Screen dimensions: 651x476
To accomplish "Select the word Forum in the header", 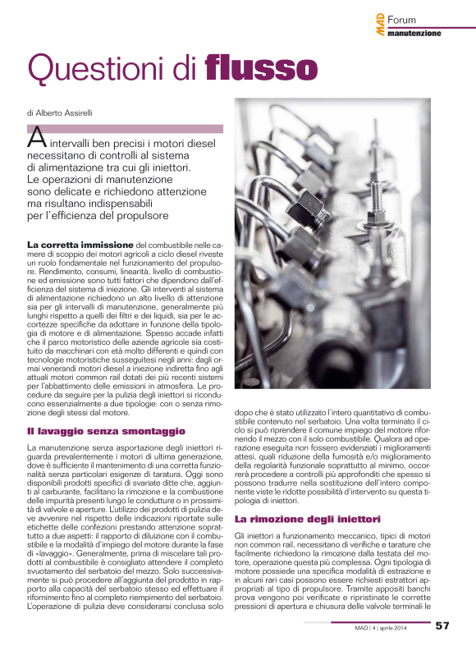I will (x=403, y=19).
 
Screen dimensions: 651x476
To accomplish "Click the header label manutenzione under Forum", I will (x=414, y=34).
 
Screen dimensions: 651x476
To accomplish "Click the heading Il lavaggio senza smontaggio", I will (x=107, y=431).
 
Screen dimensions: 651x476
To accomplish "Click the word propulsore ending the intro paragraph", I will (x=144, y=216).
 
